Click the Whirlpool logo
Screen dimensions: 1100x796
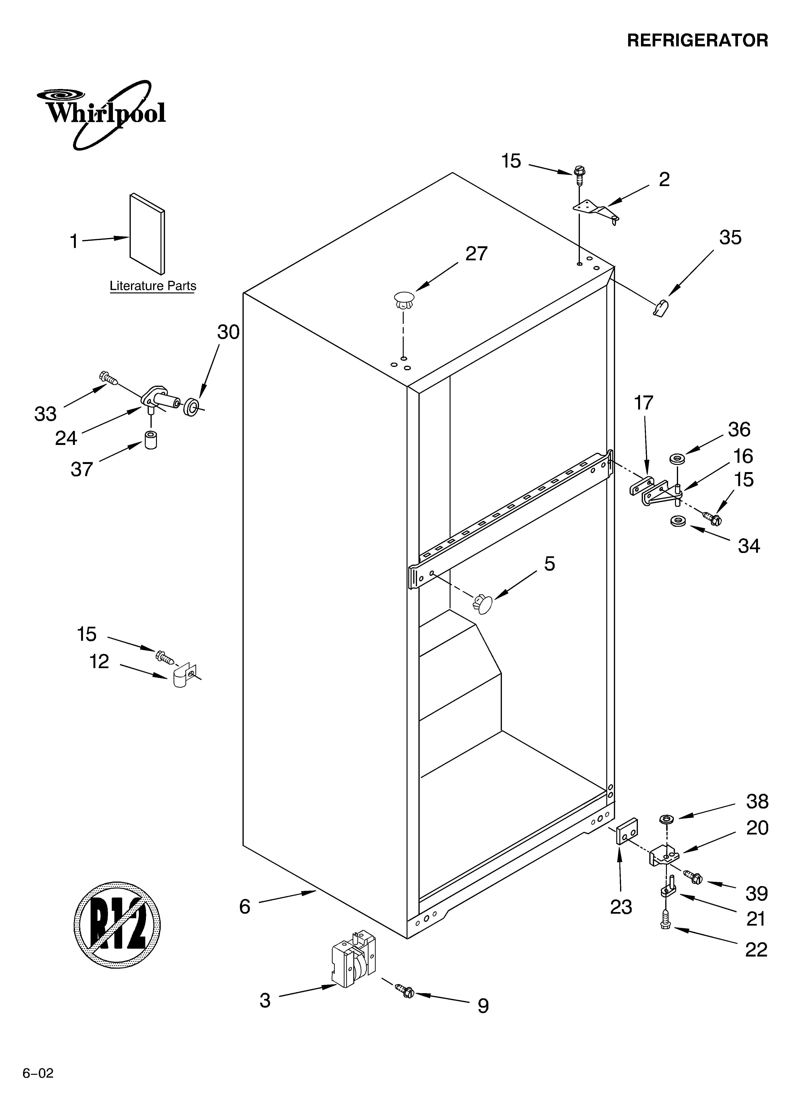pos(102,115)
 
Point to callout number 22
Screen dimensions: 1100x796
pos(756,950)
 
